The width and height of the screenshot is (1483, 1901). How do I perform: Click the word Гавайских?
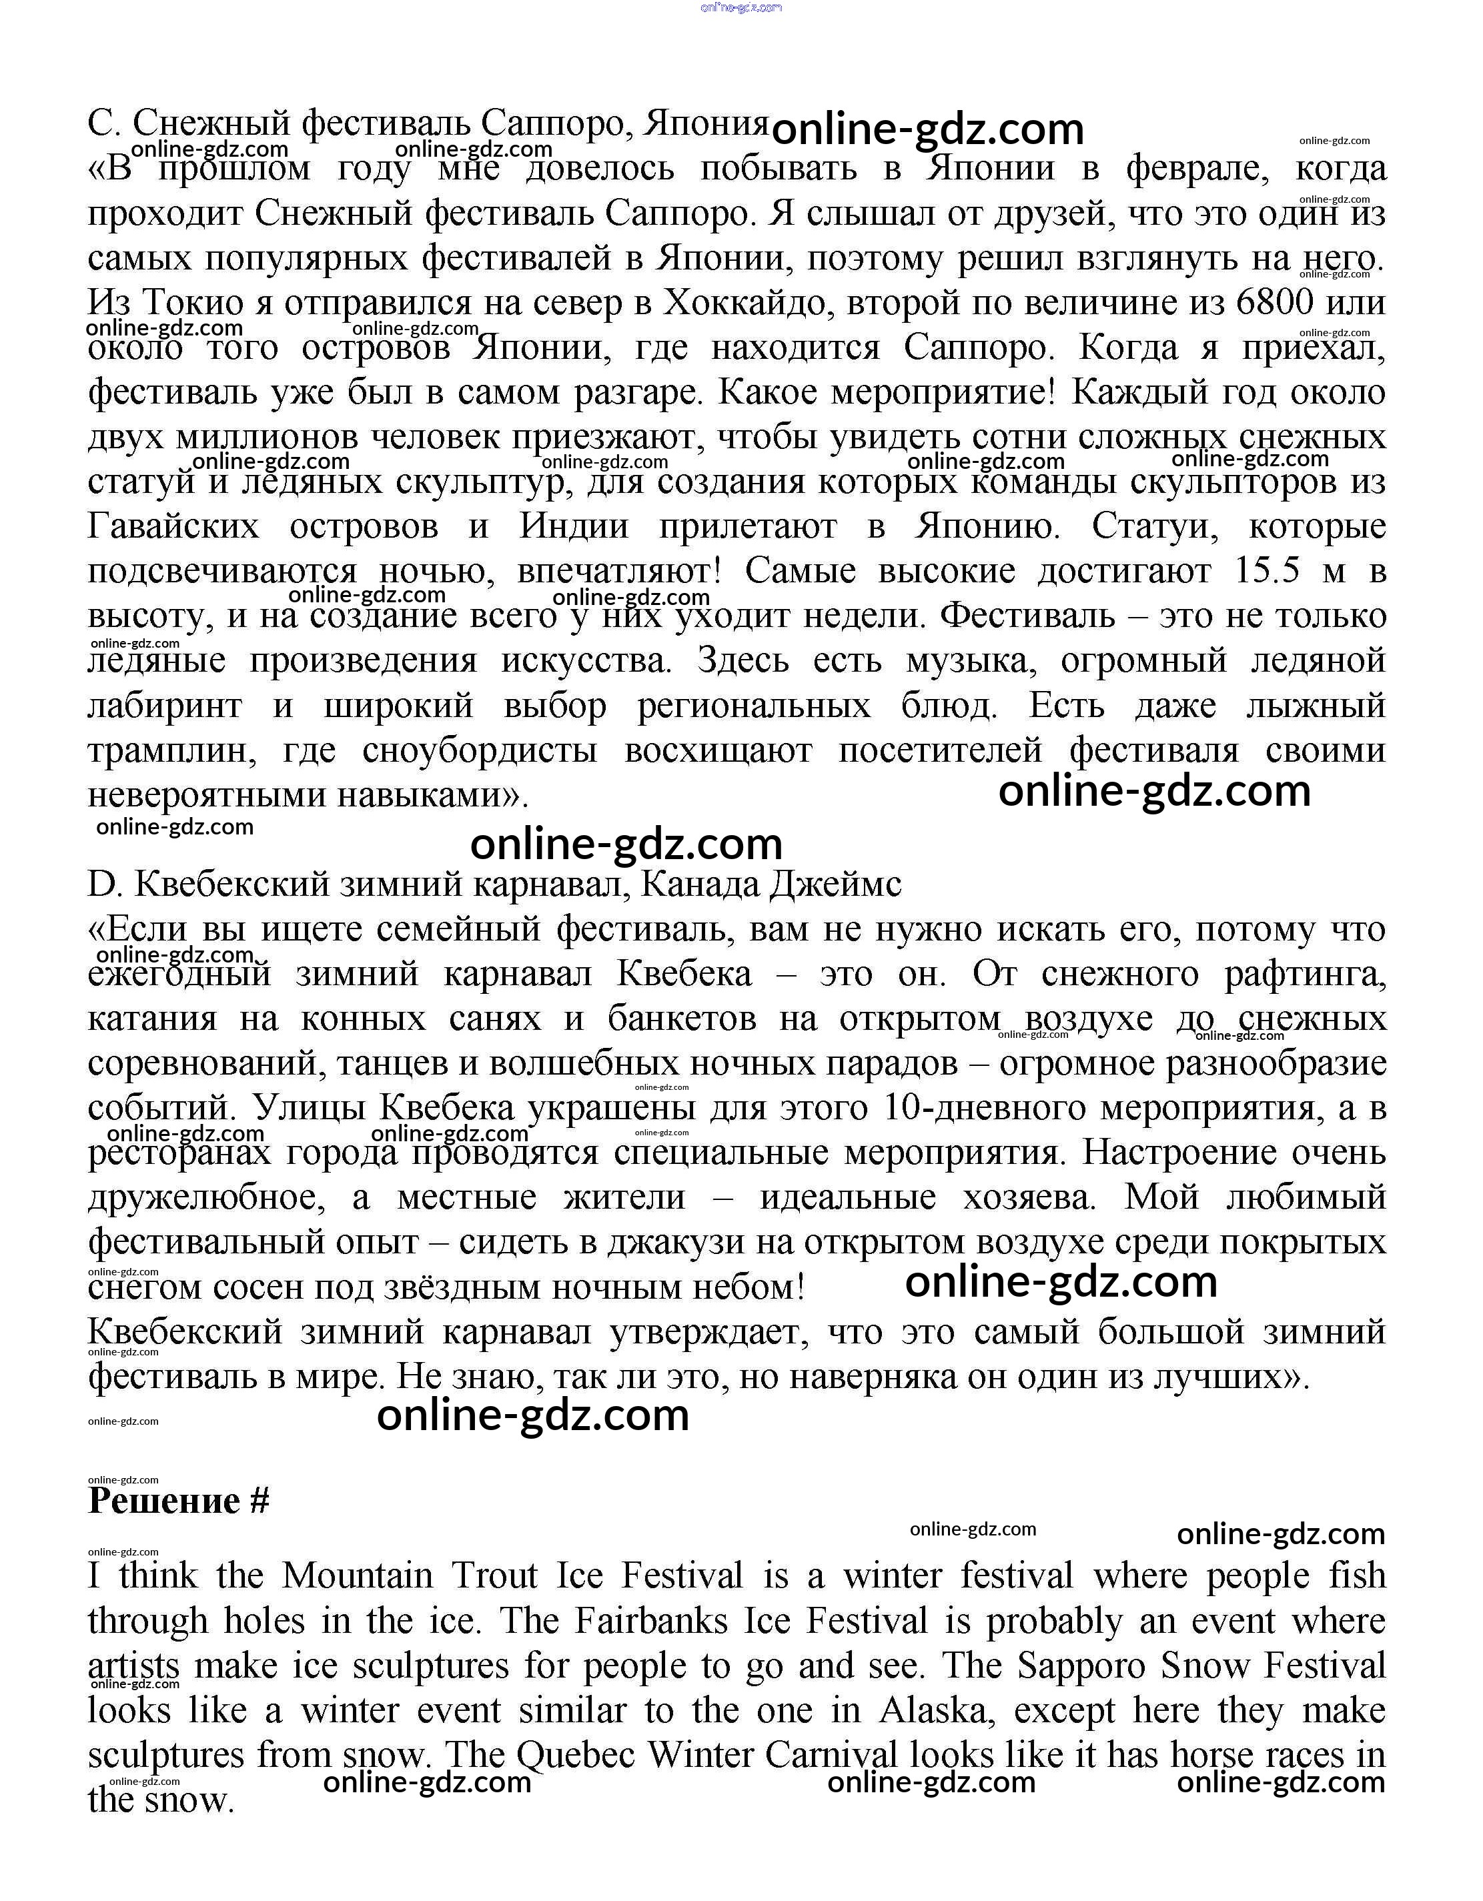(174, 526)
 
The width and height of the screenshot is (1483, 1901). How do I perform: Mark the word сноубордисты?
(480, 750)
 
